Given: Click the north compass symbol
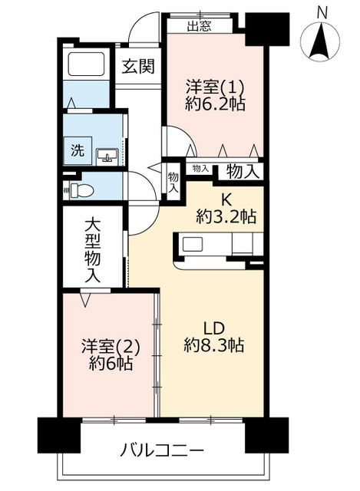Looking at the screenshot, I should (x=320, y=41).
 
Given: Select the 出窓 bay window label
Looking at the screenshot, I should (x=200, y=25).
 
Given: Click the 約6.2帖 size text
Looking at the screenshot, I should (x=215, y=105).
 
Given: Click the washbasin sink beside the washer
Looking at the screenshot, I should (x=108, y=156).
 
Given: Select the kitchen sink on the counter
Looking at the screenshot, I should (x=192, y=245).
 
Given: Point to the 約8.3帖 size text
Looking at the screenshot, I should (x=214, y=345).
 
